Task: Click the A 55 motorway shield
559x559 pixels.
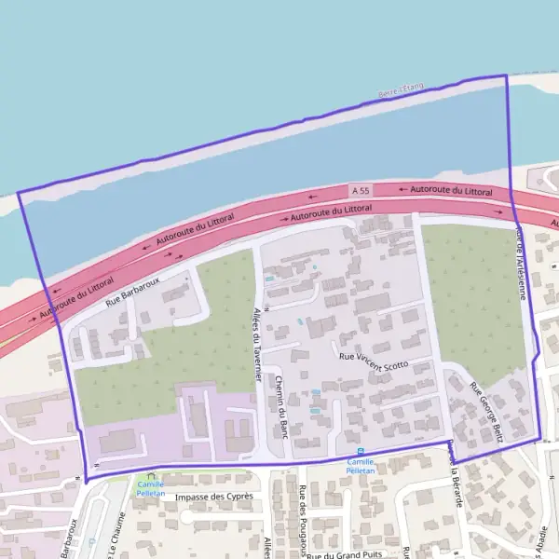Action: click(361, 191)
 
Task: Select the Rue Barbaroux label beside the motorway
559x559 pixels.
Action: click(133, 291)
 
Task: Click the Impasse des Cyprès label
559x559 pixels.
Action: click(213, 498)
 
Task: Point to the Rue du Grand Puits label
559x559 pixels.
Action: click(346, 555)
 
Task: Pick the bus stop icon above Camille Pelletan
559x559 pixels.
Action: click(361, 452)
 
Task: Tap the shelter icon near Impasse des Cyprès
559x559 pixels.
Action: click(148, 476)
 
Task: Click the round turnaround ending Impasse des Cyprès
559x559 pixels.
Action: click(184, 515)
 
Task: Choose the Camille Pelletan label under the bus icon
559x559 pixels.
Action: click(361, 466)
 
